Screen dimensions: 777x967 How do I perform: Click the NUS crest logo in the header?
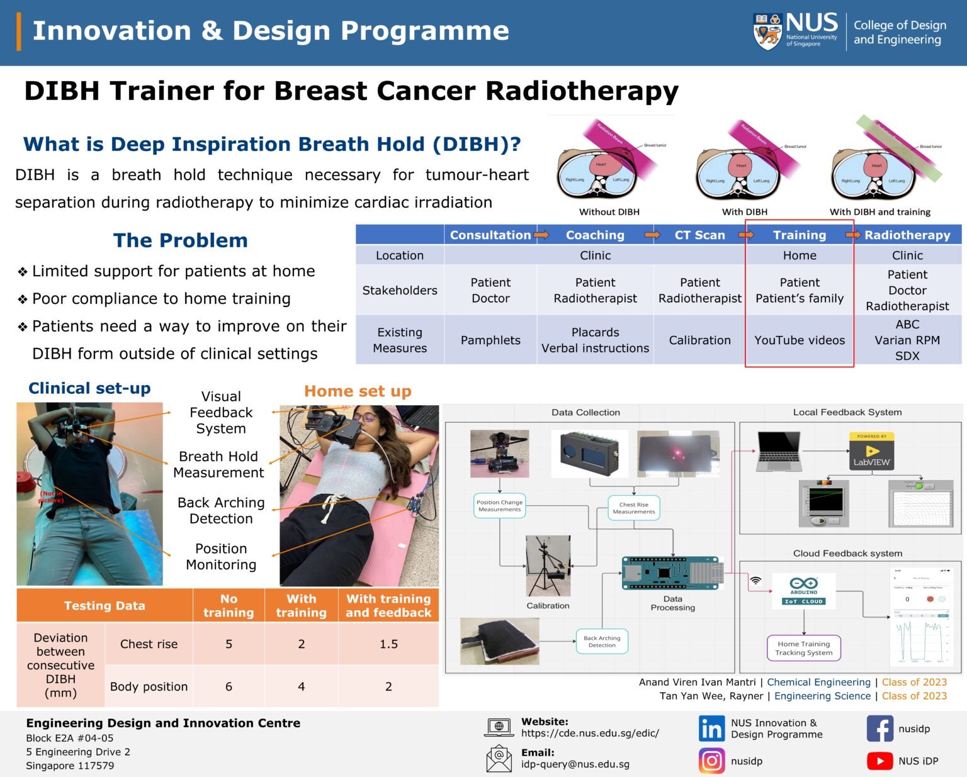767,31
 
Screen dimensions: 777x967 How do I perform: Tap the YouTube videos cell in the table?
800,340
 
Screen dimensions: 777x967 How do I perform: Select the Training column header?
800,235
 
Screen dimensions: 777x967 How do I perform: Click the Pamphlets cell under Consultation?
490,340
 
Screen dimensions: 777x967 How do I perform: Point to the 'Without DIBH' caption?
609,212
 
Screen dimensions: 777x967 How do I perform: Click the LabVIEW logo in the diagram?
871,451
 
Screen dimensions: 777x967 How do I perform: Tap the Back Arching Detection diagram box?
602,641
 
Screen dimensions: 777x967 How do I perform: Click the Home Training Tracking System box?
804,648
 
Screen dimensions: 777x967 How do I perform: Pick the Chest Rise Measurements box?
633,508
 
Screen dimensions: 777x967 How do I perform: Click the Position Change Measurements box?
499,506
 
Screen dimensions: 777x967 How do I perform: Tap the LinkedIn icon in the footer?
711,729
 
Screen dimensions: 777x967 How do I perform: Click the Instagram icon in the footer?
711,761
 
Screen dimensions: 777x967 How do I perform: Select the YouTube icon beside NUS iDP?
879,761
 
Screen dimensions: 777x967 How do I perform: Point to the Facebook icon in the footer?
879,729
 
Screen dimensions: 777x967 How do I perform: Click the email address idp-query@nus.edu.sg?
575,764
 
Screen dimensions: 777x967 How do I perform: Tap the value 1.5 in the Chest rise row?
388,644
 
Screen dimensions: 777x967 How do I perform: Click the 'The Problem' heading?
181,240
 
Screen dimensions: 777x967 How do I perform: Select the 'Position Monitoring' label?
221,557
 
